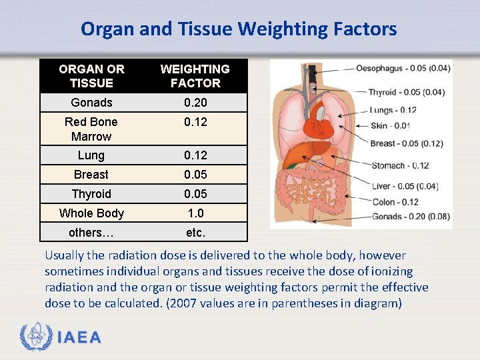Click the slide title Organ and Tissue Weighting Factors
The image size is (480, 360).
coord(239,29)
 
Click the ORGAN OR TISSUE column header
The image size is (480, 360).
coord(91,76)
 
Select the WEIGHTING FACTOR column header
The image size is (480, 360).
coord(195,76)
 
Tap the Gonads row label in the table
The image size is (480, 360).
coord(91,103)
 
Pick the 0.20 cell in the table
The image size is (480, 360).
coord(195,103)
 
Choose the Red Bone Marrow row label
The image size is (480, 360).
coord(91,129)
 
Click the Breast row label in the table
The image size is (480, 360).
coord(91,175)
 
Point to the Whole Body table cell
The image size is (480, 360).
coord(91,213)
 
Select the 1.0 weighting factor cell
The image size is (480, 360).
coord(195,213)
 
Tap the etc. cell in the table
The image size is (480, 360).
coord(195,233)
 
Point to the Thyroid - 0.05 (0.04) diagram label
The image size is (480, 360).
coord(407,92)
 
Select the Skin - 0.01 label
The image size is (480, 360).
coord(390,126)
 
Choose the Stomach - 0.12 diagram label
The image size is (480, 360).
coord(400,165)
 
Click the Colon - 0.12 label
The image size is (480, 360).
coord(395,202)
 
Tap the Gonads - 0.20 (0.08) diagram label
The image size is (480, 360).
coord(411,216)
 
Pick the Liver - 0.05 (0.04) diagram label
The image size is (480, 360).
coord(404,187)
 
